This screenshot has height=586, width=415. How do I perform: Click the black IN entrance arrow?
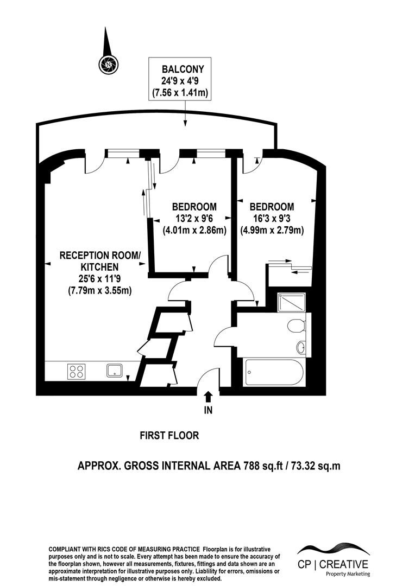(x=208, y=397)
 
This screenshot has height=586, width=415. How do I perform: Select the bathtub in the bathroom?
(x=272, y=372)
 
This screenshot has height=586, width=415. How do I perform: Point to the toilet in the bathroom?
(x=296, y=326)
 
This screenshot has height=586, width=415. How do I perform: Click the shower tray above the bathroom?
(x=291, y=302)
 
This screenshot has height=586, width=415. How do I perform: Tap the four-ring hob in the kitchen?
(x=76, y=372)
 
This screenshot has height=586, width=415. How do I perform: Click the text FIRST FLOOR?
(x=169, y=435)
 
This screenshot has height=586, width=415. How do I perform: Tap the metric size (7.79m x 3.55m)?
(x=99, y=291)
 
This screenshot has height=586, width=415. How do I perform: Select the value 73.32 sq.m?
(x=316, y=466)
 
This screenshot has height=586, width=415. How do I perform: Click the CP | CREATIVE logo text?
(x=332, y=564)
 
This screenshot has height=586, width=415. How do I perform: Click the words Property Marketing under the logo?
(x=348, y=574)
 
